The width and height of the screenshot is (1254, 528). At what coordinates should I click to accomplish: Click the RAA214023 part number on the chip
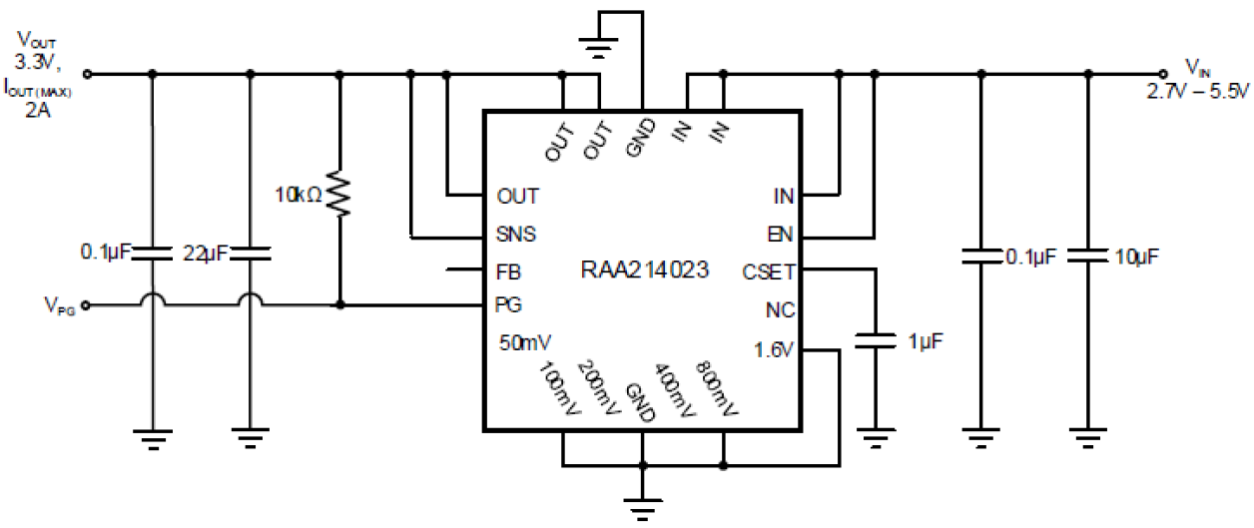pyautogui.click(x=645, y=270)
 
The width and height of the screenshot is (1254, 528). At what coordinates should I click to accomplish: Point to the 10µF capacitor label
pyautogui.click(x=1136, y=257)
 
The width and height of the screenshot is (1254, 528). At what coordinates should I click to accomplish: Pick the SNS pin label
pyautogui.click(x=515, y=235)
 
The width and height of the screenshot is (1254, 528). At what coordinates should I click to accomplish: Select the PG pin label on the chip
pyautogui.click(x=508, y=303)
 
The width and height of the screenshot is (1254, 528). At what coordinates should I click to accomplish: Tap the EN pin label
pyautogui.click(x=782, y=235)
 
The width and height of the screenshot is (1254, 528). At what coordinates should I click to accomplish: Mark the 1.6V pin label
pyautogui.click(x=775, y=350)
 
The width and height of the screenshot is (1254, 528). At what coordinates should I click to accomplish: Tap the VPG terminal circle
pyautogui.click(x=88, y=305)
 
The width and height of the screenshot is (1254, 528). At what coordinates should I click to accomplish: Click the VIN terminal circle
pyautogui.click(x=1162, y=73)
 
